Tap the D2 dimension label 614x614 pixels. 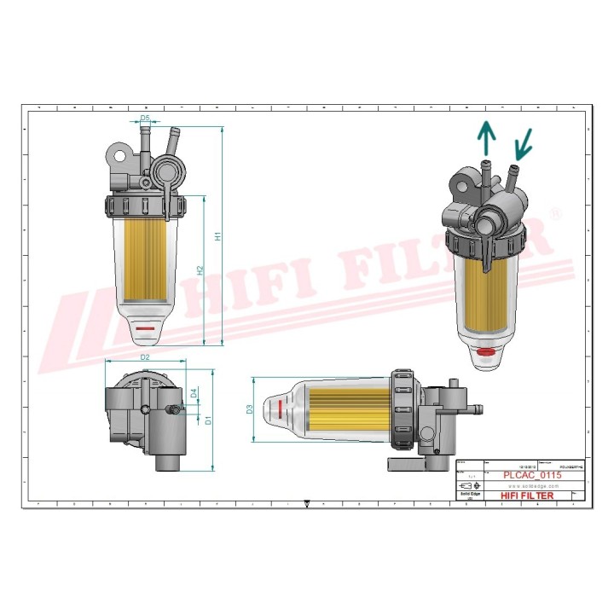click(145, 356)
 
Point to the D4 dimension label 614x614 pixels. click(194, 393)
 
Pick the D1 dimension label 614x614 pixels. click(208, 420)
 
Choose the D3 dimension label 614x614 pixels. click(250, 409)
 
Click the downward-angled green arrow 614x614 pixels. click(522, 142)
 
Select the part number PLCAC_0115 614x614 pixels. click(531, 475)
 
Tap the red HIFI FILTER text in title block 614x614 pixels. click(526, 495)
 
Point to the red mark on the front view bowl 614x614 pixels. click(145, 327)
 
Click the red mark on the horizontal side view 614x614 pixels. click(278, 409)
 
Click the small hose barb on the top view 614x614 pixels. click(177, 410)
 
